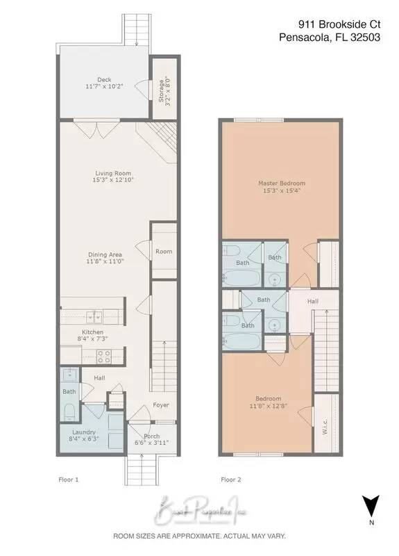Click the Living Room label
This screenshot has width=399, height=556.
pyautogui.click(x=114, y=174)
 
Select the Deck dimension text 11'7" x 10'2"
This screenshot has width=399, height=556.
pyautogui.click(x=103, y=88)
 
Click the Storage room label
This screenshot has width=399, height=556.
pyautogui.click(x=162, y=90)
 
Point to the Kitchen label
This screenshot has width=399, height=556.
pyautogui.click(x=93, y=333)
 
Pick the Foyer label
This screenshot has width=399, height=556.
pyautogui.click(x=160, y=405)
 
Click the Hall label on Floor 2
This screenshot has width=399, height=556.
pyautogui.click(x=313, y=302)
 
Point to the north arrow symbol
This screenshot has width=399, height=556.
pyautogui.click(x=372, y=504)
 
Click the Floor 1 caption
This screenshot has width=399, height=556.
pyautogui.click(x=67, y=480)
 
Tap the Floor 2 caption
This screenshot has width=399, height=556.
pyautogui.click(x=230, y=480)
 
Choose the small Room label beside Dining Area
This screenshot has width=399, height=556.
pyautogui.click(x=164, y=252)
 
